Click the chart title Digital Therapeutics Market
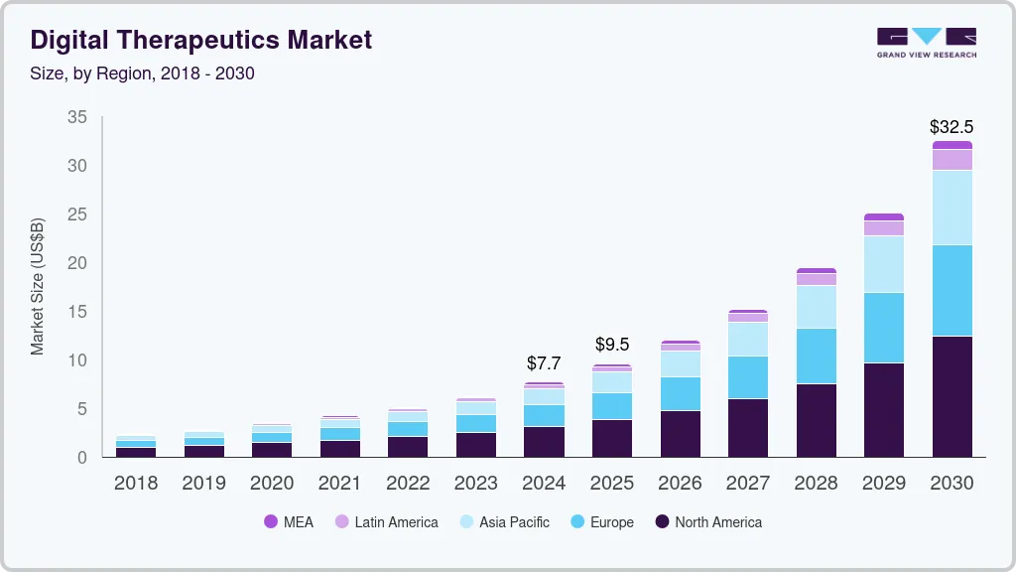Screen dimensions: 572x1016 [201, 40]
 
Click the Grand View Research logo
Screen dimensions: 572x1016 [926, 42]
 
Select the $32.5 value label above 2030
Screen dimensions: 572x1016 [952, 127]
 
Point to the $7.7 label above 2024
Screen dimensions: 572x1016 [544, 363]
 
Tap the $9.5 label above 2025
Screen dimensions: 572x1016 [612, 345]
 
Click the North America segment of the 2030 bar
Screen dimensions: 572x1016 [952, 396]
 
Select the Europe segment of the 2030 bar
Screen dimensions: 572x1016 [952, 290]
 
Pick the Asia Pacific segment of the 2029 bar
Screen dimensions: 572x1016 [883, 264]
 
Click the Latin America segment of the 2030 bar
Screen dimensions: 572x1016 [952, 159]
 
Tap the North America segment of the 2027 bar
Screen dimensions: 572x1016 [747, 427]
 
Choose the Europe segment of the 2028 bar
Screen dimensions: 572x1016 [816, 356]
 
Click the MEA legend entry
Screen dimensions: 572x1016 [289, 522]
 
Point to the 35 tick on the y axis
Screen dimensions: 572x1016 [77, 117]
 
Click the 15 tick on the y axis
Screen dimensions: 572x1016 [77, 312]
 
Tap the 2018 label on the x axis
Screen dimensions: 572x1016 [136, 484]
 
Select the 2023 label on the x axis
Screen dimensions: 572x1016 [476, 484]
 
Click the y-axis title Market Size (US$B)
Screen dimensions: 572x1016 [38, 286]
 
